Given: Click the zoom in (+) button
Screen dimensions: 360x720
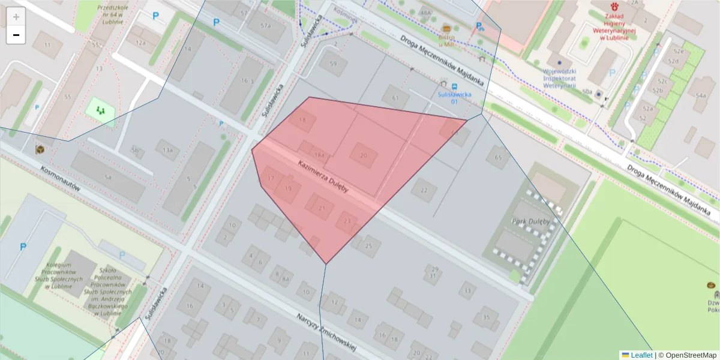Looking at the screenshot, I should coord(16,17).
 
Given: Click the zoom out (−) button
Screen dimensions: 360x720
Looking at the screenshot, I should coord(16,35).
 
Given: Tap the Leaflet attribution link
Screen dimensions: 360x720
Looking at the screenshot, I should coord(641,355).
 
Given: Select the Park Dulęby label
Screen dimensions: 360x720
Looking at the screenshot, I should coord(530,221).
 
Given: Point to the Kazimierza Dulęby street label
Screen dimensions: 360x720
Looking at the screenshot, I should coord(323,177).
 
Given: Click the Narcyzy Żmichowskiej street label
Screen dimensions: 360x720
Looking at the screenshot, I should coord(326,332).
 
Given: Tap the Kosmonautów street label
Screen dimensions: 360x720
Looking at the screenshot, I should coord(61,178).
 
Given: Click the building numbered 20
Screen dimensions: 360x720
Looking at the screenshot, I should coord(363,155).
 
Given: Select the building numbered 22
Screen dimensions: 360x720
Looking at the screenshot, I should coord(424,190).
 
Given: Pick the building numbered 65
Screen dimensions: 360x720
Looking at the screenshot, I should coord(497,157).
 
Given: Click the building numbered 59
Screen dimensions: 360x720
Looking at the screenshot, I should coord(334,63).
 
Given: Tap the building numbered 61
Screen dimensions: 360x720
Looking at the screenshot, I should coord(395,97).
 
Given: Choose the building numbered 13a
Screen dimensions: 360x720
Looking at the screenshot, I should coord(167,149).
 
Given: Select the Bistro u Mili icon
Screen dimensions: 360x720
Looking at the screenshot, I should coord(446,28).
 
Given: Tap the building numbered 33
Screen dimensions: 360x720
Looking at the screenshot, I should coord(467,291).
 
